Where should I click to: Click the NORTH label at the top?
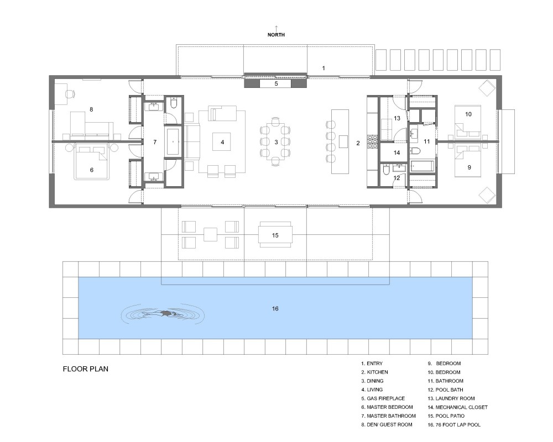pyautogui.click(x=276, y=35)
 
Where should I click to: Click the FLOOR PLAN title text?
pyautogui.click(x=85, y=369)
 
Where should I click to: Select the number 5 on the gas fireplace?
pyautogui.click(x=276, y=83)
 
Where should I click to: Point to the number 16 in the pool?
pyautogui.click(x=275, y=308)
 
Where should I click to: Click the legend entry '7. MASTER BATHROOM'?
pyautogui.click(x=388, y=416)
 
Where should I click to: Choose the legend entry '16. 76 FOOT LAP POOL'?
pyautogui.click(x=454, y=425)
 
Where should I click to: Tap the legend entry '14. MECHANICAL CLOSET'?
pyautogui.click(x=457, y=407)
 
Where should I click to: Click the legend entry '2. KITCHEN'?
pyautogui.click(x=374, y=372)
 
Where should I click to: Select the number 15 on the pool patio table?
pyautogui.click(x=275, y=235)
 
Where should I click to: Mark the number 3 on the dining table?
pyautogui.click(x=276, y=142)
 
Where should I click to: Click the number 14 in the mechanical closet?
pyautogui.click(x=397, y=152)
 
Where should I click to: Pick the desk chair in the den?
pyautogui.click(x=70, y=94)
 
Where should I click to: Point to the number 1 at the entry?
pyautogui.click(x=324, y=68)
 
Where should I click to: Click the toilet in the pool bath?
pyautogui.click(x=386, y=171)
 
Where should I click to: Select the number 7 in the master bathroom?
pyautogui.click(x=155, y=142)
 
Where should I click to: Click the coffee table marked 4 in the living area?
pyautogui.click(x=222, y=141)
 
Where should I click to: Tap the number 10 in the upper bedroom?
pyautogui.click(x=468, y=114)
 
